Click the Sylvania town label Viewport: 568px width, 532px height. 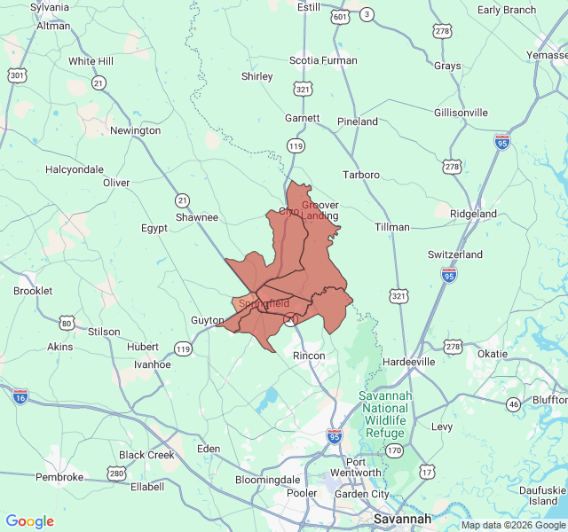pyautogui.click(x=49, y=7)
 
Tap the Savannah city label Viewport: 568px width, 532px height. pyautogui.click(x=402, y=519)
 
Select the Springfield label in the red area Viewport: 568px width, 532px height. pyautogui.click(x=264, y=303)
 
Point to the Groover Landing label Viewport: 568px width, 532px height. pyautogui.click(x=320, y=211)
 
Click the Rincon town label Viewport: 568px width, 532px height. pyautogui.click(x=309, y=356)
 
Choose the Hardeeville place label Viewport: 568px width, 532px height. pyautogui.click(x=408, y=362)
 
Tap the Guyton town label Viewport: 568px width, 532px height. pyautogui.click(x=207, y=320)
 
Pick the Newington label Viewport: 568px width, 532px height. pyautogui.click(x=135, y=130)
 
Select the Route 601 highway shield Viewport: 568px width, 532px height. pyautogui.click(x=340, y=17)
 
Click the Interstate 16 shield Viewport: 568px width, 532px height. pyautogui.click(x=20, y=395)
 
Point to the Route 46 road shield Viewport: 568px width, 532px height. pyautogui.click(x=513, y=404)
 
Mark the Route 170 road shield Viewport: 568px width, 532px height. pyautogui.click(x=393, y=450)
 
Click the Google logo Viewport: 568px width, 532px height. pyautogui.click(x=29, y=521)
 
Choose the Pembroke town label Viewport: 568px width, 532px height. pyautogui.click(x=59, y=477)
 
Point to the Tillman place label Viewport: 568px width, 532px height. pyautogui.click(x=391, y=227)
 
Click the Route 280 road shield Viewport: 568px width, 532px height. pyautogui.click(x=116, y=473)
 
